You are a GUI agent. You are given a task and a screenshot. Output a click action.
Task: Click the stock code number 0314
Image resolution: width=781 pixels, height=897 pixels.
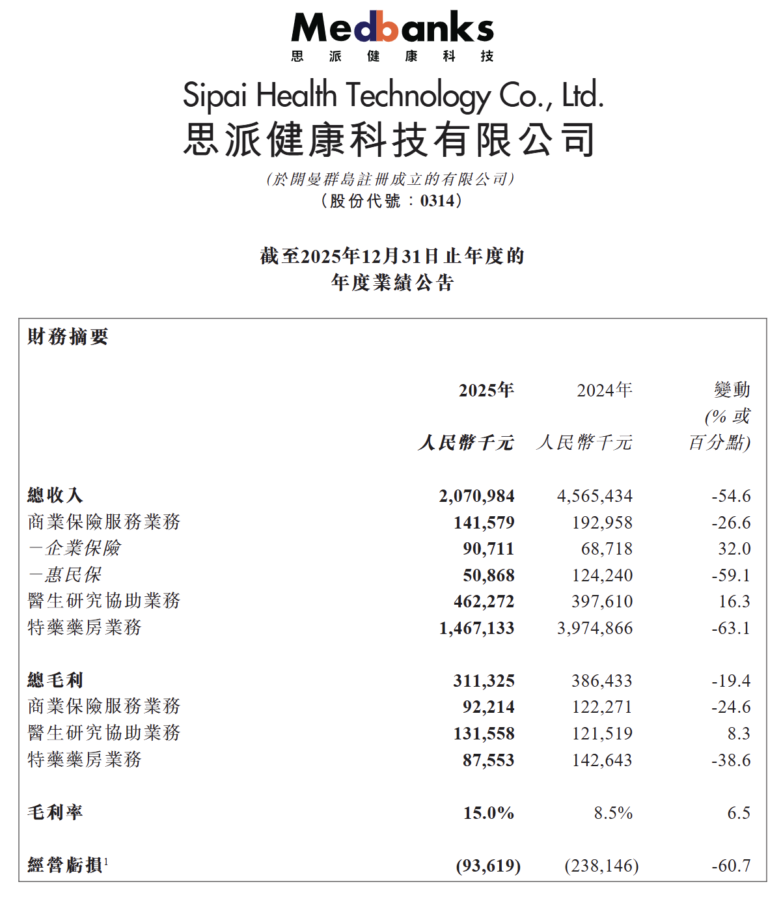pos(437,201)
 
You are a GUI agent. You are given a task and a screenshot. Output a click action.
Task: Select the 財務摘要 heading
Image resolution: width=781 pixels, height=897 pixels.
pos(68,337)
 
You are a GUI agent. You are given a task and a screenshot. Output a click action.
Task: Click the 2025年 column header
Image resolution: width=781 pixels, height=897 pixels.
pos(486,390)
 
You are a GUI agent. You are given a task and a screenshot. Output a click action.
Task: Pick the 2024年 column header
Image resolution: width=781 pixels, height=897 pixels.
pos(605,390)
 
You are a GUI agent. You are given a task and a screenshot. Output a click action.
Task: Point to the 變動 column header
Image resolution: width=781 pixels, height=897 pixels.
pos(732,390)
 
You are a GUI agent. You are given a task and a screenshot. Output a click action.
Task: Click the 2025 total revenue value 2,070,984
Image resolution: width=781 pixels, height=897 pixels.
pos(476,496)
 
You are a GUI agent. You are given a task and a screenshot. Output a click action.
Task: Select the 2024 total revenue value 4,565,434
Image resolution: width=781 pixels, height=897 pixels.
pos(594,496)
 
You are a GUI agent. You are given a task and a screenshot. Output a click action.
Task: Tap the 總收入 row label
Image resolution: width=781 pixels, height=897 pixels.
pos(55,495)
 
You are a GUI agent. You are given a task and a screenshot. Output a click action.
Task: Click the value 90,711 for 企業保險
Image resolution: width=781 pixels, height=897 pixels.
pos(488,549)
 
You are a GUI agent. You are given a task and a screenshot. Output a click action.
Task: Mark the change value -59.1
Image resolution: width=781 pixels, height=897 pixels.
pos(731,575)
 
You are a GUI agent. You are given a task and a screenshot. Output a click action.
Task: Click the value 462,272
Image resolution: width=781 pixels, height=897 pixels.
pos(484,601)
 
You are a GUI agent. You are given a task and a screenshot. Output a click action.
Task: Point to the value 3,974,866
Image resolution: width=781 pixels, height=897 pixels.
pos(594,628)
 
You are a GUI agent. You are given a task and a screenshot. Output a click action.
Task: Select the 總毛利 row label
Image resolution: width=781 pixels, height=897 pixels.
pos(55,680)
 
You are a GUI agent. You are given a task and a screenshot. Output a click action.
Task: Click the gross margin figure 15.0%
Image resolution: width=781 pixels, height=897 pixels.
pos(488,813)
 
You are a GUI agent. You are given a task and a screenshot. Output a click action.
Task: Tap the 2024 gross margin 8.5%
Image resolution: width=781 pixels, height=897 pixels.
pos(613,813)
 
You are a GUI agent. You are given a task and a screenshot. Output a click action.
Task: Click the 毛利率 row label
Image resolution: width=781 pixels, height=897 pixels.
pos(55,812)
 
